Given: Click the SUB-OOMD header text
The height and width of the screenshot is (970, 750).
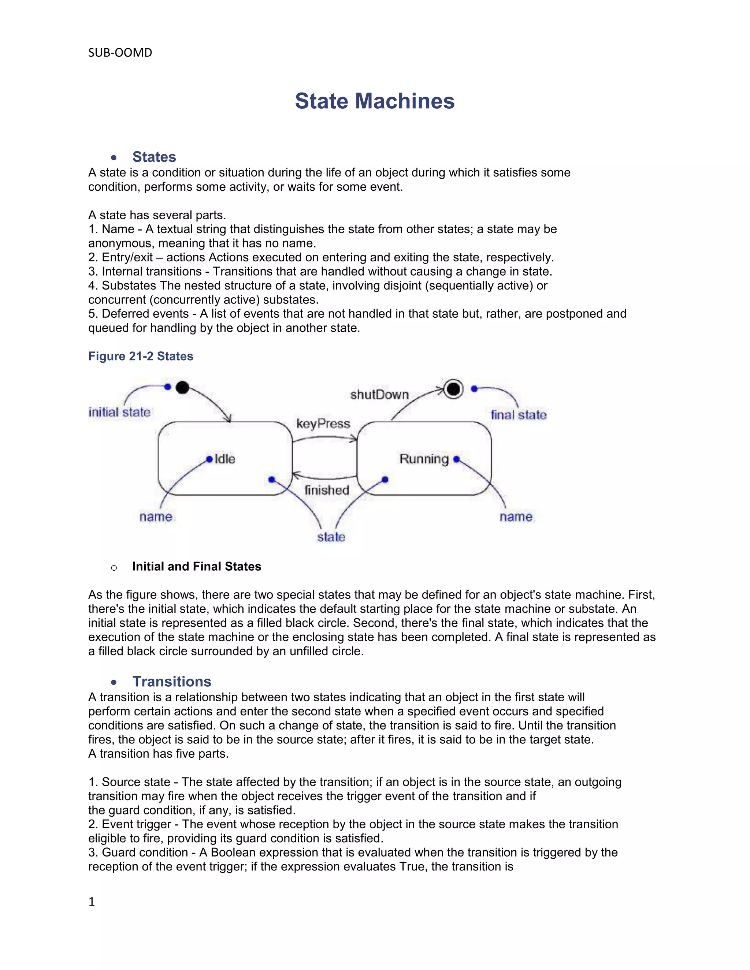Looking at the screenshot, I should click(x=120, y=53).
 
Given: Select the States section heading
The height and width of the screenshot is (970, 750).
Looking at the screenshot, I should click(x=154, y=157).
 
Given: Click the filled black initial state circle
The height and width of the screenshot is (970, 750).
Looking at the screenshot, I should click(x=182, y=387).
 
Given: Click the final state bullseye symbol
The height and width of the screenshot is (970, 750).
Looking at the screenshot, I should click(x=453, y=389).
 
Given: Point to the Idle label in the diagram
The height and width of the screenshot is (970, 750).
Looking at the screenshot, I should click(x=225, y=459).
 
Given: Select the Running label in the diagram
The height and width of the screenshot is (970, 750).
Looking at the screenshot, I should click(x=424, y=459).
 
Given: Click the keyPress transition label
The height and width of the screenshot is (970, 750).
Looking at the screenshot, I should click(x=323, y=424).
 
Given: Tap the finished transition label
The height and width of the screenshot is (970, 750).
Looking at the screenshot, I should click(x=327, y=490).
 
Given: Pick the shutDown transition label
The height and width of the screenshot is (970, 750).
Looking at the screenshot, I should click(x=379, y=394).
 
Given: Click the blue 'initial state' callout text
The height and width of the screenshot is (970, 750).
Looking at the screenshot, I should click(x=119, y=412).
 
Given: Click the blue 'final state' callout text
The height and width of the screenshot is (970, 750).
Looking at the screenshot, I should click(x=519, y=415).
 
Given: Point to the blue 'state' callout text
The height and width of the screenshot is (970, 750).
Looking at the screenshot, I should click(x=331, y=537).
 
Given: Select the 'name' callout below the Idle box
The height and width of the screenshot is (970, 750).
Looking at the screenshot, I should click(x=156, y=516).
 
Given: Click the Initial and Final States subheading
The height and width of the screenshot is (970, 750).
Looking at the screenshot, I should click(x=196, y=566).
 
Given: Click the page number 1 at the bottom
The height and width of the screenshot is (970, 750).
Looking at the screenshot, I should click(x=92, y=902).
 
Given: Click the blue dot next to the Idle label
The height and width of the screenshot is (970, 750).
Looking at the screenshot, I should click(x=209, y=459).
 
